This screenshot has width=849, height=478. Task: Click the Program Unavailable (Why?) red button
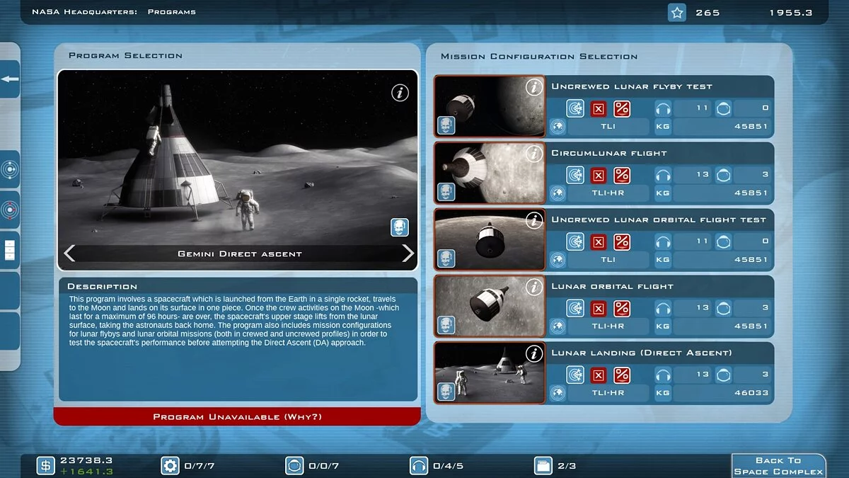coord(237,416)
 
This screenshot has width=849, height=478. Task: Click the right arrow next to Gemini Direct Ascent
coord(408,254)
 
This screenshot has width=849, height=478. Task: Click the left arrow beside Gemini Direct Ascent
coord(69,254)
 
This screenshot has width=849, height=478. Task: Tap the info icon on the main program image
coord(400,92)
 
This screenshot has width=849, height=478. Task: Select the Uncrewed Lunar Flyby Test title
coord(631,86)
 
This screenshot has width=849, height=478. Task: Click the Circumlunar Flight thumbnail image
coord(490,173)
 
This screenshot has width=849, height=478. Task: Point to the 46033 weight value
coord(751,393)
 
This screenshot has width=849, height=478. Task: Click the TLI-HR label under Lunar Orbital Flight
coord(608,326)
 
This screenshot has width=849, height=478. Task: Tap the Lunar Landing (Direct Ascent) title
coord(641,353)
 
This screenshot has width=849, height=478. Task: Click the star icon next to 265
coord(677,13)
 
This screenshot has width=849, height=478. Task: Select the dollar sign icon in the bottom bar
coord(46,465)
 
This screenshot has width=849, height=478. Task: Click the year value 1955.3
coord(790,13)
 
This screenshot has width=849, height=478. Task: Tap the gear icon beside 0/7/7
coord(170,465)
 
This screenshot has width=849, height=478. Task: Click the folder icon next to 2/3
coord(543,465)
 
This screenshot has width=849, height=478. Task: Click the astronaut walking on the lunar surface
coord(246,209)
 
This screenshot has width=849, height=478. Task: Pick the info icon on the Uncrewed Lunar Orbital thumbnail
coord(534,220)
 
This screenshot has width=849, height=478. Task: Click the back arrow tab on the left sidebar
coord(10,79)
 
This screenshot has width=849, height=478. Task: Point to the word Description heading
coord(102,286)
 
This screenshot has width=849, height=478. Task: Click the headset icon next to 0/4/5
coord(419,465)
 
